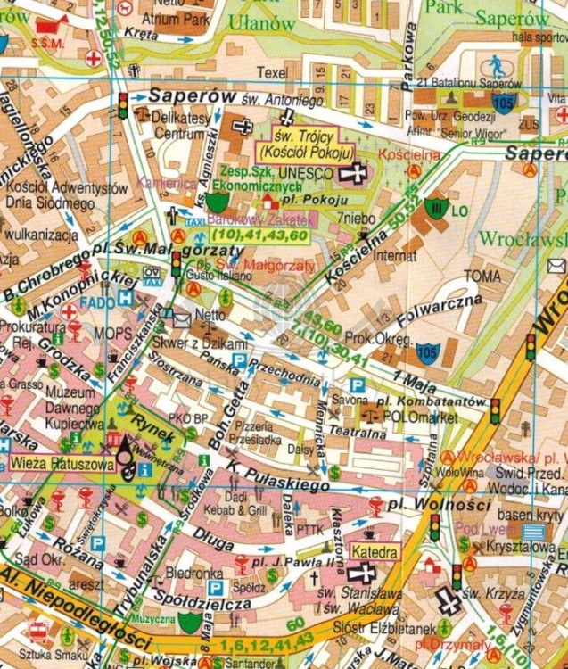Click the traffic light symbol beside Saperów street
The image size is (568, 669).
click(123, 104)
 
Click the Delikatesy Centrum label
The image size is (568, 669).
click(178, 126)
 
